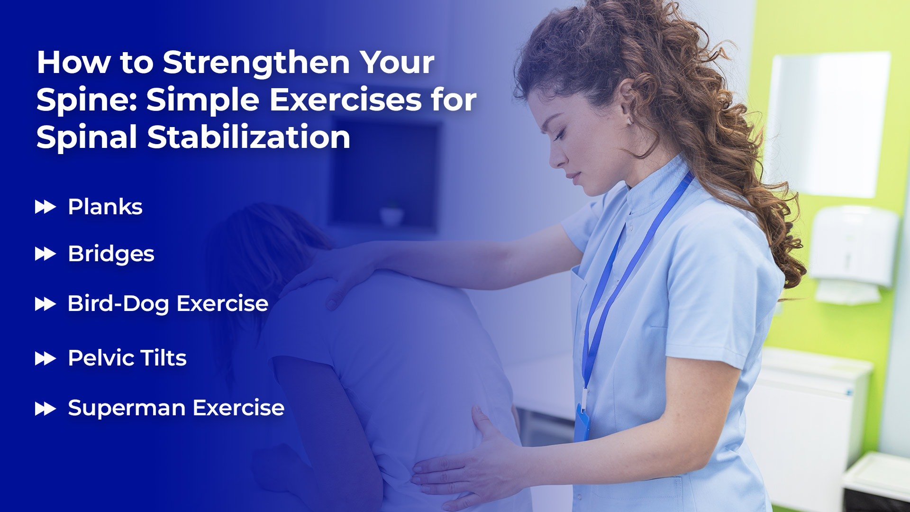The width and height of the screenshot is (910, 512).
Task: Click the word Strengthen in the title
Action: click(x=256, y=64)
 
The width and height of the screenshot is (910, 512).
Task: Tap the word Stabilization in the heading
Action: click(x=249, y=137)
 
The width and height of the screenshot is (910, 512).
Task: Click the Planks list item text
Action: click(x=105, y=207)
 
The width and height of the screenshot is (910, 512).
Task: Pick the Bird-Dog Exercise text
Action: click(x=168, y=304)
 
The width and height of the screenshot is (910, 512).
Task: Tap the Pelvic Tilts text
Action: click(x=127, y=358)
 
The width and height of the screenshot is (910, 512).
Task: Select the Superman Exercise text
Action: click(x=176, y=408)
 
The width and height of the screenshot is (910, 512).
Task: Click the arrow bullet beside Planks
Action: click(x=45, y=207)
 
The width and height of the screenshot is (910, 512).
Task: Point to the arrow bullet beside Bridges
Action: click(x=45, y=254)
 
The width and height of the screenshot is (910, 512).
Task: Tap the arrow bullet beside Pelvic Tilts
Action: click(x=45, y=358)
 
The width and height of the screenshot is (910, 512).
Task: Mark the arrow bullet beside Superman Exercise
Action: click(x=45, y=409)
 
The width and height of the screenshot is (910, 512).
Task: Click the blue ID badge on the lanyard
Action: click(x=582, y=422)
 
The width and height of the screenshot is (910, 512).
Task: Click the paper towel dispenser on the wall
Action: click(x=853, y=254)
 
